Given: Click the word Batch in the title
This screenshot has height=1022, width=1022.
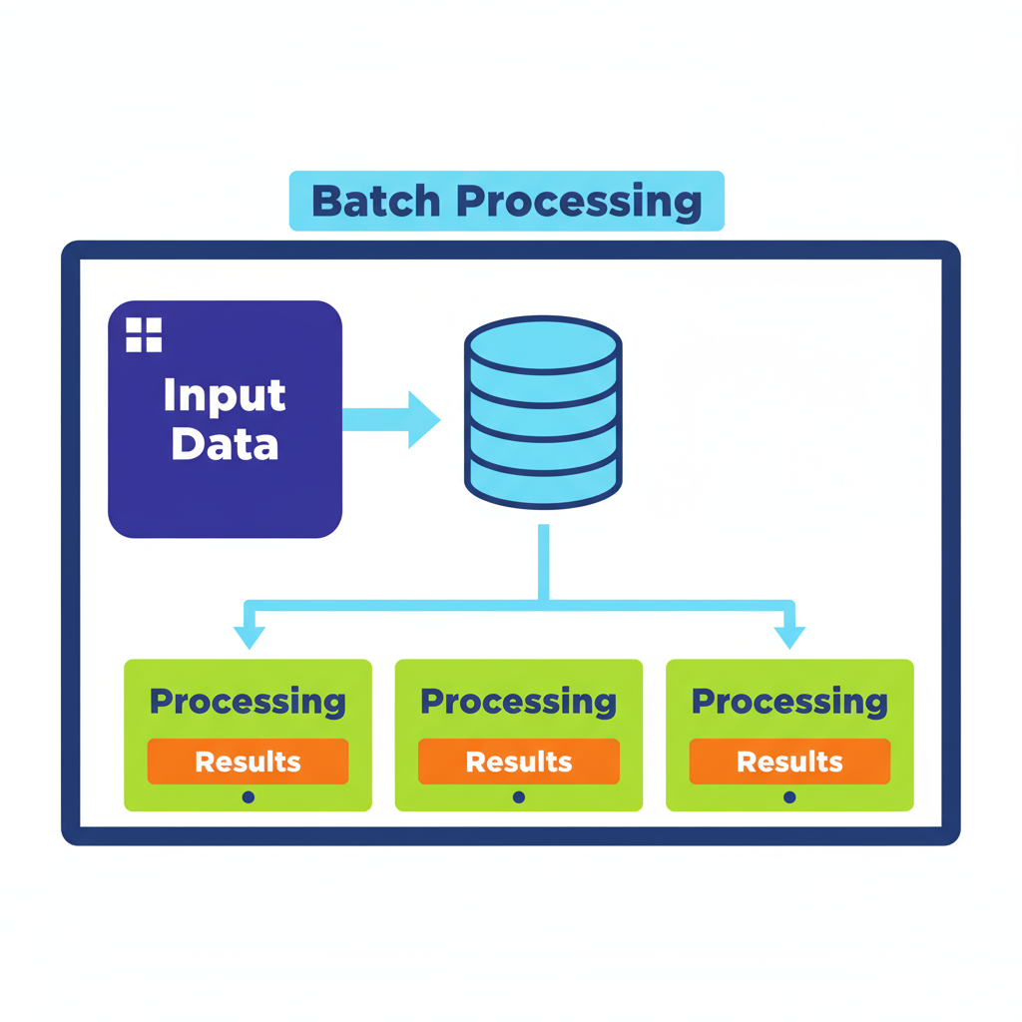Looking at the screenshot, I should [x=375, y=201].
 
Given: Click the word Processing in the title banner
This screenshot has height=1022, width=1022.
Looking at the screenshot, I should [x=580, y=203].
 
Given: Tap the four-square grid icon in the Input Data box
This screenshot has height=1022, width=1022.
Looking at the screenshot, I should [x=144, y=335].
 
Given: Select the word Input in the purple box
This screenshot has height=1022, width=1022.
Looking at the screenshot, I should [x=225, y=395].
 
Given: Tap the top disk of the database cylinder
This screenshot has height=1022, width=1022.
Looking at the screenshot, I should [x=543, y=345].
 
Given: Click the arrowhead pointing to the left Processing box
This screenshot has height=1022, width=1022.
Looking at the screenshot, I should [x=249, y=637].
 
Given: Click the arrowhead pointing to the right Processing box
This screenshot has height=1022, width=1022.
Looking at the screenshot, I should [x=789, y=637].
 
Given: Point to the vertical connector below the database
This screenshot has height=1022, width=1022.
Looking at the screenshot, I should [x=543, y=561].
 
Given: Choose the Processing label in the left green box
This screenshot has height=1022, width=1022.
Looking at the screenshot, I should [x=248, y=702].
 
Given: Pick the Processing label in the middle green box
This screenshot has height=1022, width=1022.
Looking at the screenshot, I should [x=518, y=702].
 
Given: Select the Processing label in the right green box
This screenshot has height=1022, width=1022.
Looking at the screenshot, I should [x=789, y=702].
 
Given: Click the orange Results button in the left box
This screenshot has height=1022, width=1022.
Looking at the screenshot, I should [x=248, y=762].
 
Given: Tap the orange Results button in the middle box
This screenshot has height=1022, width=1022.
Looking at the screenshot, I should [x=518, y=762].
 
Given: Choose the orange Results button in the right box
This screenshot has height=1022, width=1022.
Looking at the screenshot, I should [x=789, y=762].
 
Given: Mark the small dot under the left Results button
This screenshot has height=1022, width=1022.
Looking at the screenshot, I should [x=249, y=797].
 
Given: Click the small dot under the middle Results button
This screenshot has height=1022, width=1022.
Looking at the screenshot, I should [x=519, y=797].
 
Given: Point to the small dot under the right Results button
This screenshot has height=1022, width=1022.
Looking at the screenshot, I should [x=789, y=797].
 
